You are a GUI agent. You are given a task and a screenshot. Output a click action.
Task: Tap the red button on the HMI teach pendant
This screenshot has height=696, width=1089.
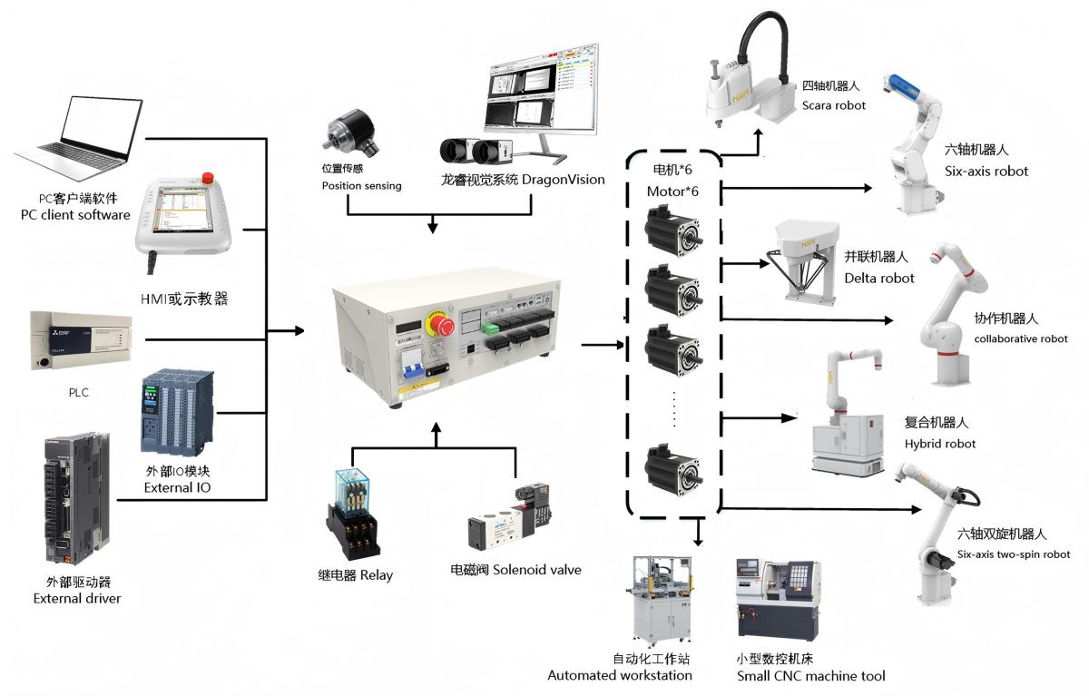click(208, 177)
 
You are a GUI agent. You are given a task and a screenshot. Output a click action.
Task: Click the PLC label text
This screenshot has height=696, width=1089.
click(78, 393)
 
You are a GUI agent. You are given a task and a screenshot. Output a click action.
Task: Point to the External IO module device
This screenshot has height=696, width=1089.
click(178, 417)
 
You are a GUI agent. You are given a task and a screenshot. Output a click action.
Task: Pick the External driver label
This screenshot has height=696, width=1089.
click(76, 590)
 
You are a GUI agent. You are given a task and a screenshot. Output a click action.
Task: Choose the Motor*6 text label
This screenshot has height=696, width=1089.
click(672, 191)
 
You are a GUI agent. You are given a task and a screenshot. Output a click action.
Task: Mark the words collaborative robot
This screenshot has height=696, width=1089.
click(1021, 338)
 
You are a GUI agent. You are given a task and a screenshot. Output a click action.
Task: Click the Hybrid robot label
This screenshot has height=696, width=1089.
click(940, 444)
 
